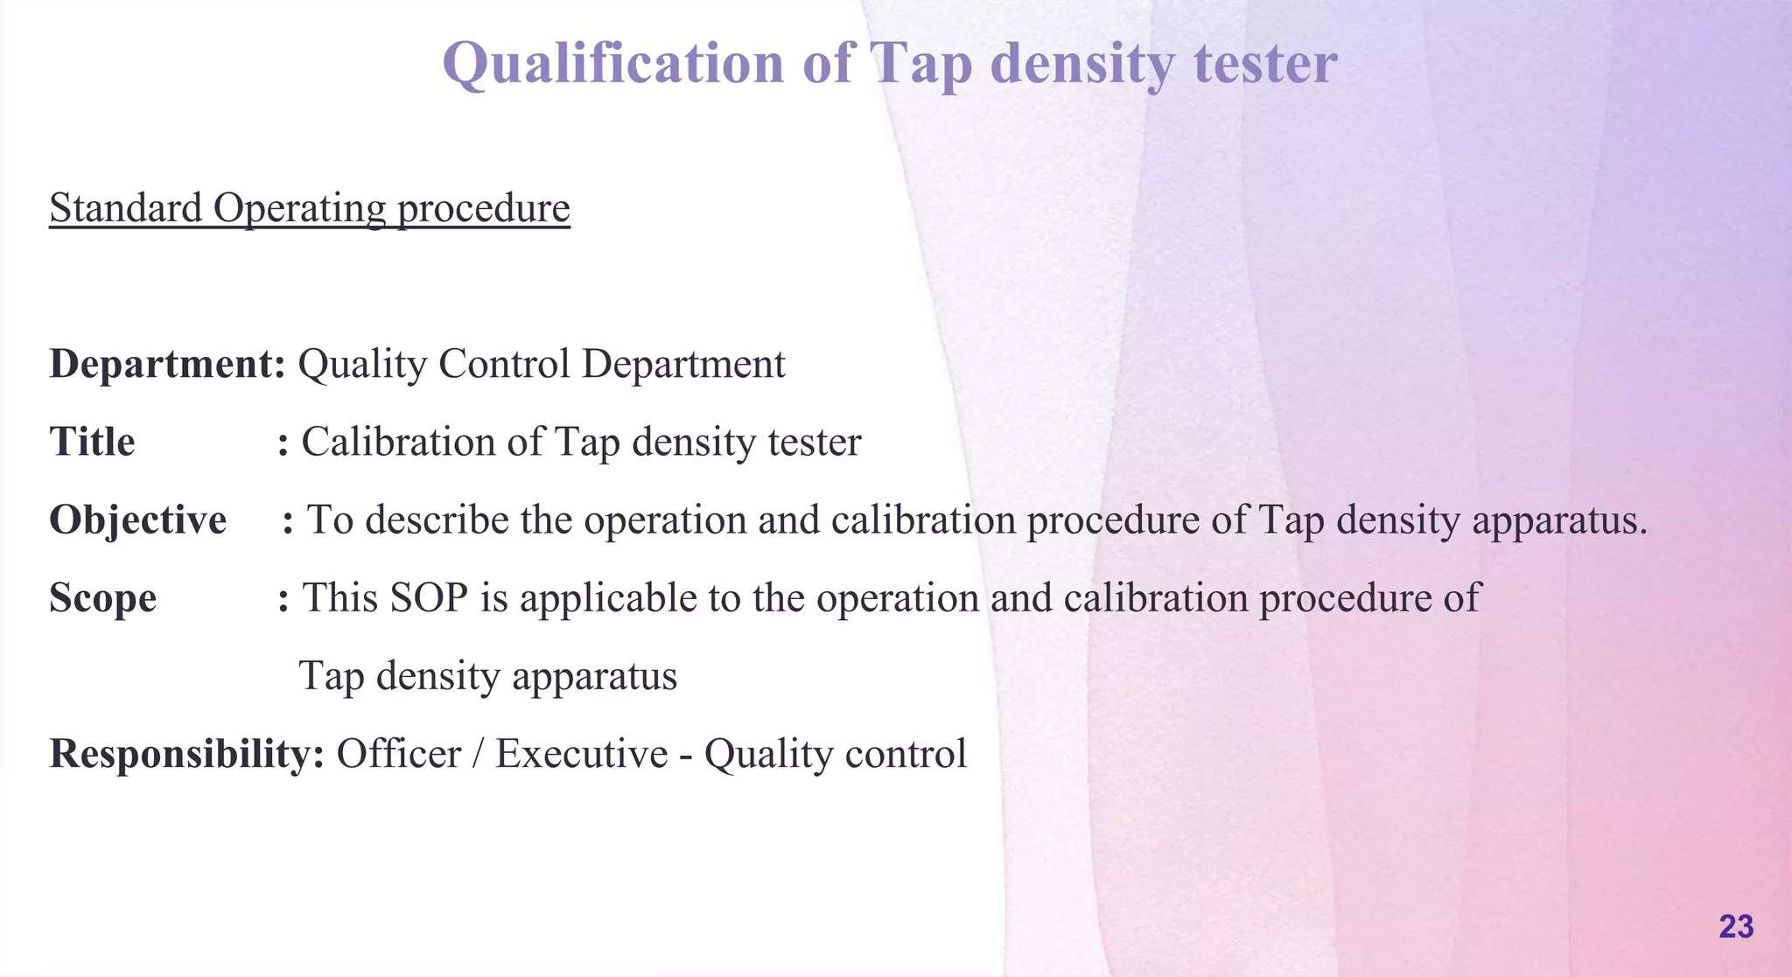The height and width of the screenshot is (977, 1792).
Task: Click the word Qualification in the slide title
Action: [612, 63]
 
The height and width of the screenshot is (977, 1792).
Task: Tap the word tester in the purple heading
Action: [1265, 63]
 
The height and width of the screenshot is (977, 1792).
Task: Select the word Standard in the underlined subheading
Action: [125, 208]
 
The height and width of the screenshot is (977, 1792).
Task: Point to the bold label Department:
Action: [167, 364]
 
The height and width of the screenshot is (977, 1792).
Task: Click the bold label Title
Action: [92, 442]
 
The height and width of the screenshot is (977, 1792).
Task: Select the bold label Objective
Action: [137, 520]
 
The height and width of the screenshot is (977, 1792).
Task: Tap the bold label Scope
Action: [102, 598]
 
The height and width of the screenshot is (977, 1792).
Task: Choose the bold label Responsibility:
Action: [186, 754]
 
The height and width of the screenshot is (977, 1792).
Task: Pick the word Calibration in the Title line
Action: [398, 442]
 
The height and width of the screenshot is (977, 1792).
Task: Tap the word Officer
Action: [398, 754]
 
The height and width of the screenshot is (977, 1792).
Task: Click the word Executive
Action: [581, 754]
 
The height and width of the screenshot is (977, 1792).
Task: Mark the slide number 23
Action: [1736, 926]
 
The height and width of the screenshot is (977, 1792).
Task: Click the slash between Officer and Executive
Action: [478, 754]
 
